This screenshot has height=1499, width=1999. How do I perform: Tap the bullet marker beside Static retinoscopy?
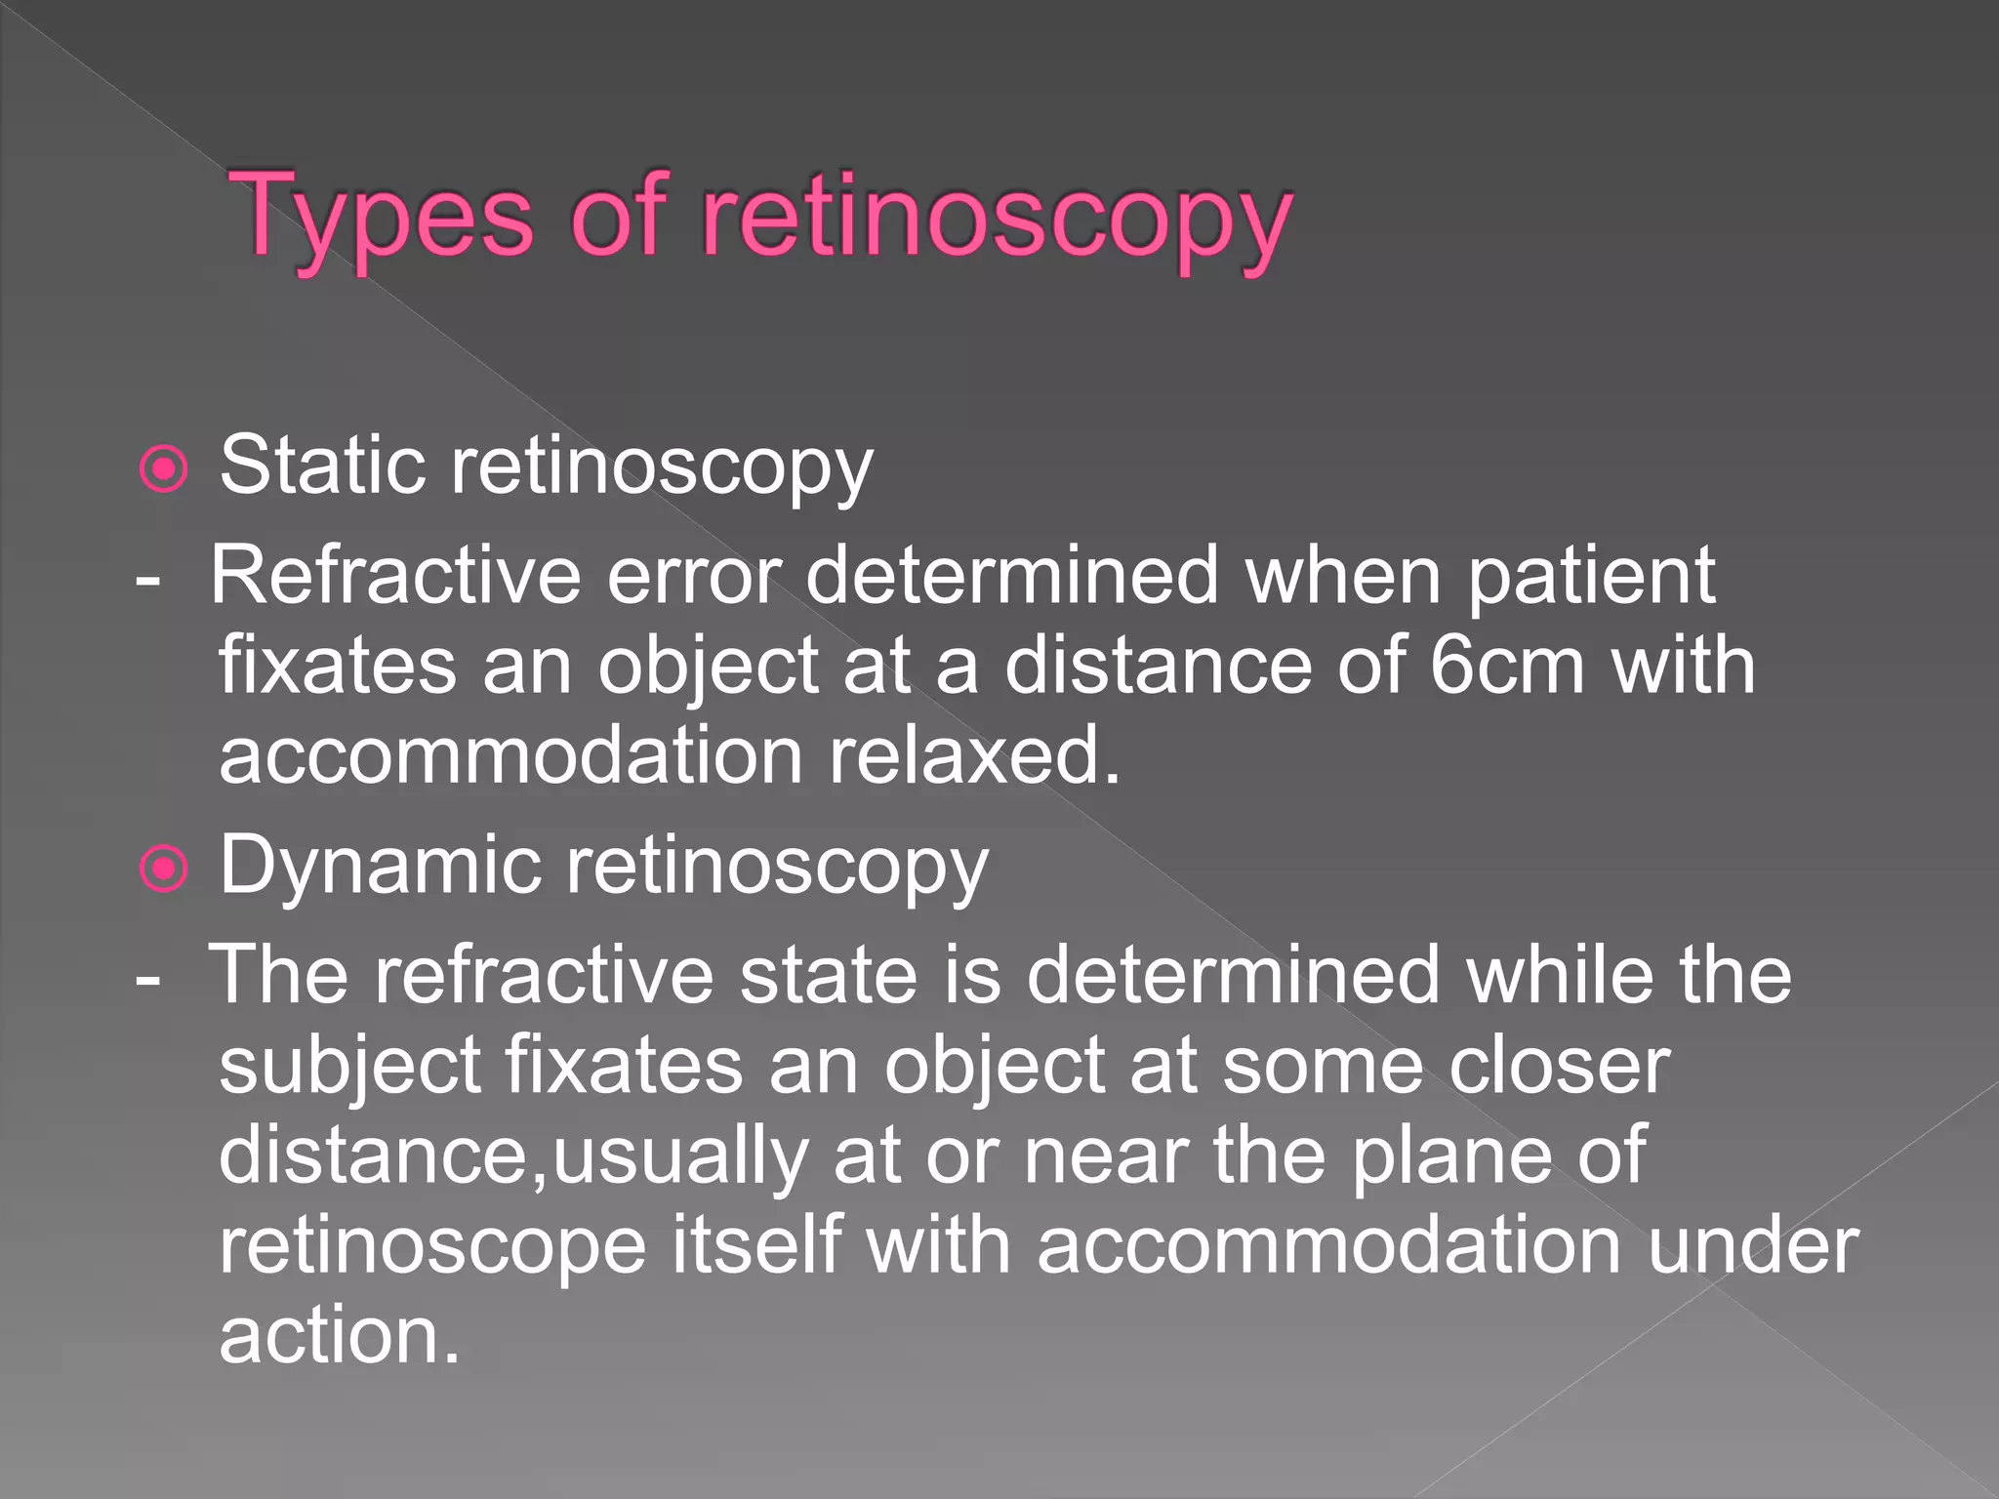(164, 469)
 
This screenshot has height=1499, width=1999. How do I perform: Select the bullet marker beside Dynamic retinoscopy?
(164, 869)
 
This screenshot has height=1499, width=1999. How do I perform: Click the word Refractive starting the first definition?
(396, 576)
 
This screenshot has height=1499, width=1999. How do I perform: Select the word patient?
(1592, 576)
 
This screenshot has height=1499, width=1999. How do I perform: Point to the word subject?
(349, 1066)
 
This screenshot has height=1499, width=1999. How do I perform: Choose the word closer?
(1559, 1066)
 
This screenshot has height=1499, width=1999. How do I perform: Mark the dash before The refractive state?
(148, 976)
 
